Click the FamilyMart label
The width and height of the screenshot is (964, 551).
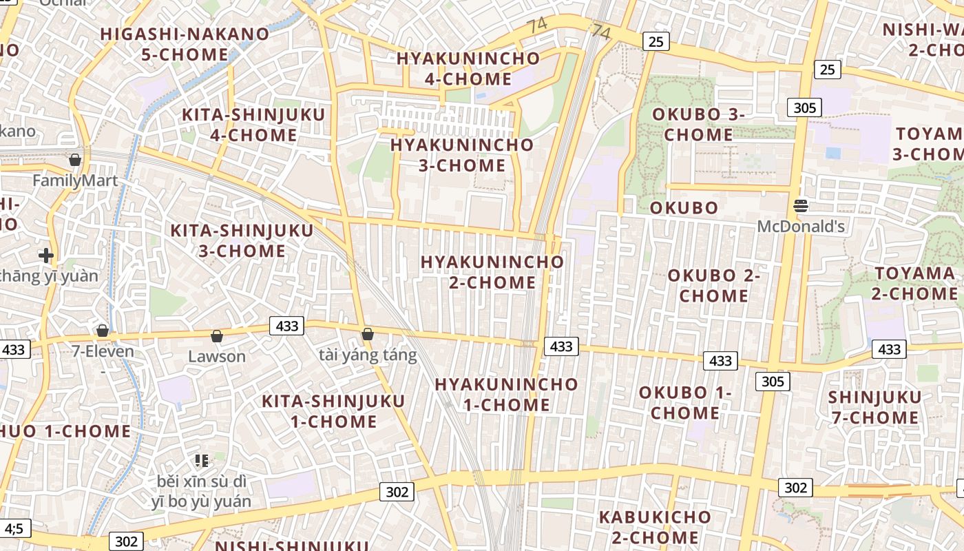tap(76, 181)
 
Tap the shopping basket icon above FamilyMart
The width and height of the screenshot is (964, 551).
tap(75, 160)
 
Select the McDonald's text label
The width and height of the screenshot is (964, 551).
tap(801, 226)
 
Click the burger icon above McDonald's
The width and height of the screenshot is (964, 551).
tap(800, 205)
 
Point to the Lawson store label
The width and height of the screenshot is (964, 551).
tap(217, 356)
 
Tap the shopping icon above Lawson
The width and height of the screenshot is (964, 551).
tap(217, 336)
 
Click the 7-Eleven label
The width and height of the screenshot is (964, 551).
tap(103, 351)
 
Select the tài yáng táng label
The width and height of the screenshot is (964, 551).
tap(368, 355)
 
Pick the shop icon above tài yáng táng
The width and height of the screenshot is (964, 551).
tap(368, 334)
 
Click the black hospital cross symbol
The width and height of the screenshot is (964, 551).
tap(46, 256)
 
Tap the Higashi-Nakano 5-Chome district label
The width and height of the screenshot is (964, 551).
tap(185, 44)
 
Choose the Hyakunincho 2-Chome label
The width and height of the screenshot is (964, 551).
tap(492, 272)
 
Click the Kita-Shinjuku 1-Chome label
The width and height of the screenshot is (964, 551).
tap(333, 411)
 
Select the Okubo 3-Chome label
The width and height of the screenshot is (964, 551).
tap(698, 124)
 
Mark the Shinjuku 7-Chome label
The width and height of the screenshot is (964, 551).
tap(874, 407)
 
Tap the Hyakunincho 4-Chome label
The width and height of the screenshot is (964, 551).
tap(468, 68)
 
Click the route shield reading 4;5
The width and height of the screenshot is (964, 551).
tap(14, 529)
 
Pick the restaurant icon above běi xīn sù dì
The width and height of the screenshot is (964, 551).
tap(202, 460)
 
